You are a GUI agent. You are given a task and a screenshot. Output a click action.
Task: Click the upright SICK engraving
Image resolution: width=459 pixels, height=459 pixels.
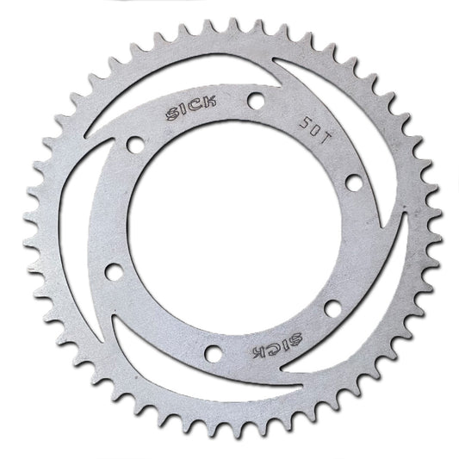coord(191,108)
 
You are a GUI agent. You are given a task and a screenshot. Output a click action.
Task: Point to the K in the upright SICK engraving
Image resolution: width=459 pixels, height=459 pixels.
coord(210,102)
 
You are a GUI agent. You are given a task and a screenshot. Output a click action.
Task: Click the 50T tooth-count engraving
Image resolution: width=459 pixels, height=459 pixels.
coord(315,130)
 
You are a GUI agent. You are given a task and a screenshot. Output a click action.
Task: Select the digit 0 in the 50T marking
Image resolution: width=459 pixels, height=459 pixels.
coord(315,130)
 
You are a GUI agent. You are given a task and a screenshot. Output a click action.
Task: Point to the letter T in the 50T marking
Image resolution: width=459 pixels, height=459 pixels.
coord(325,137)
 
